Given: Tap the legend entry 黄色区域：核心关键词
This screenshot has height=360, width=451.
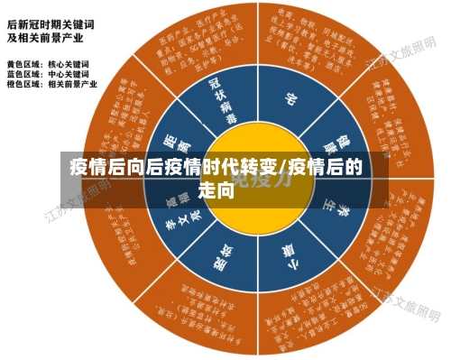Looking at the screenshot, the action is point(48,64).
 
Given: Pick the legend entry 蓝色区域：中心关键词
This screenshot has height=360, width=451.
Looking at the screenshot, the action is point(48,74).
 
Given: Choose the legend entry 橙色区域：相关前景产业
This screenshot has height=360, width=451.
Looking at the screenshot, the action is point(51,84).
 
